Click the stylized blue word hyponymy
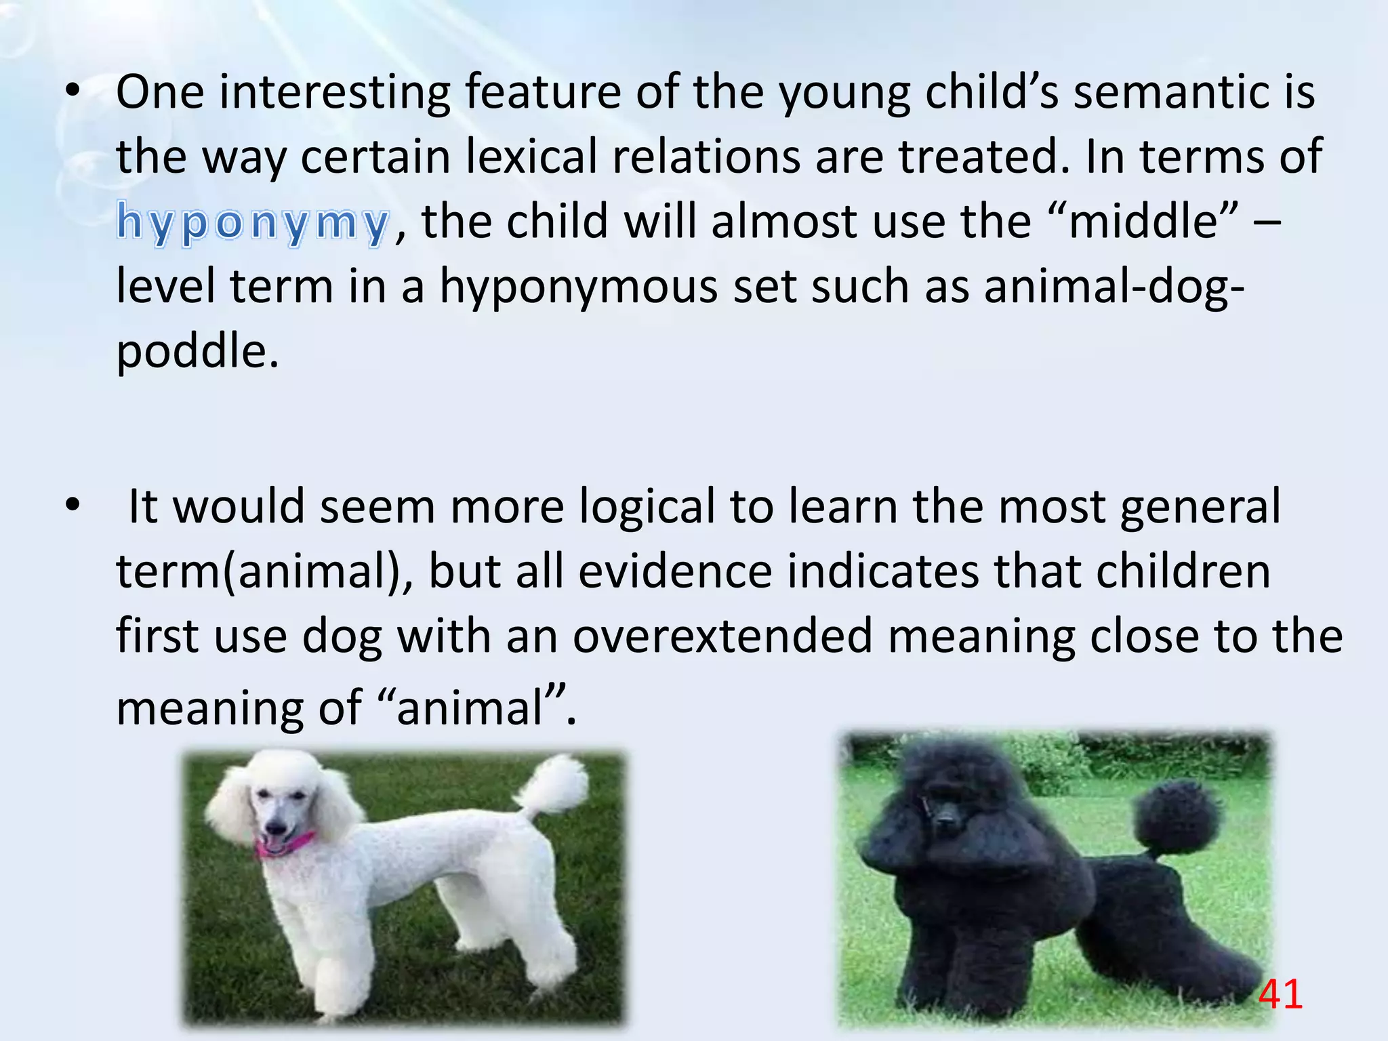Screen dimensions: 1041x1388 (253, 222)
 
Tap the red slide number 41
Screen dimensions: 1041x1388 (1280, 995)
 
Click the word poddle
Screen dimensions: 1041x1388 (197, 352)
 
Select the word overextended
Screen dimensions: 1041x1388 (722, 636)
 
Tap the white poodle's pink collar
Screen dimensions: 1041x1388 (285, 844)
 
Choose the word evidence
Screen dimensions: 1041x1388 (675, 571)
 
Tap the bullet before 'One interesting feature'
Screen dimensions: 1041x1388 (73, 92)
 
